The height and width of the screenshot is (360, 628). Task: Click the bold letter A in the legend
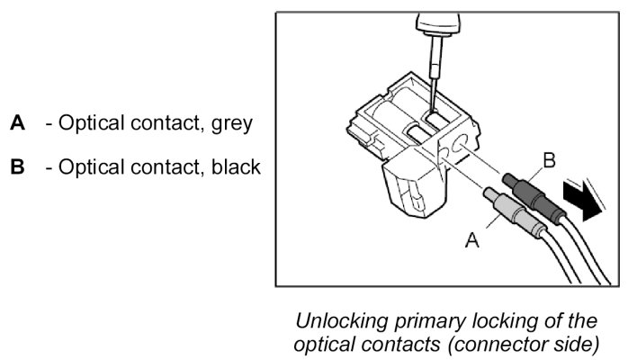pyautogui.click(x=17, y=122)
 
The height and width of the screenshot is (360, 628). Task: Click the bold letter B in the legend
pyautogui.click(x=17, y=166)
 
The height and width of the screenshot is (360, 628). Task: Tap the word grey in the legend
pyautogui.click(x=231, y=122)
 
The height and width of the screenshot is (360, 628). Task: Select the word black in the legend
pyautogui.click(x=237, y=166)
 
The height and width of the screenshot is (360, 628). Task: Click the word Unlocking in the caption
pyautogui.click(x=332, y=321)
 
